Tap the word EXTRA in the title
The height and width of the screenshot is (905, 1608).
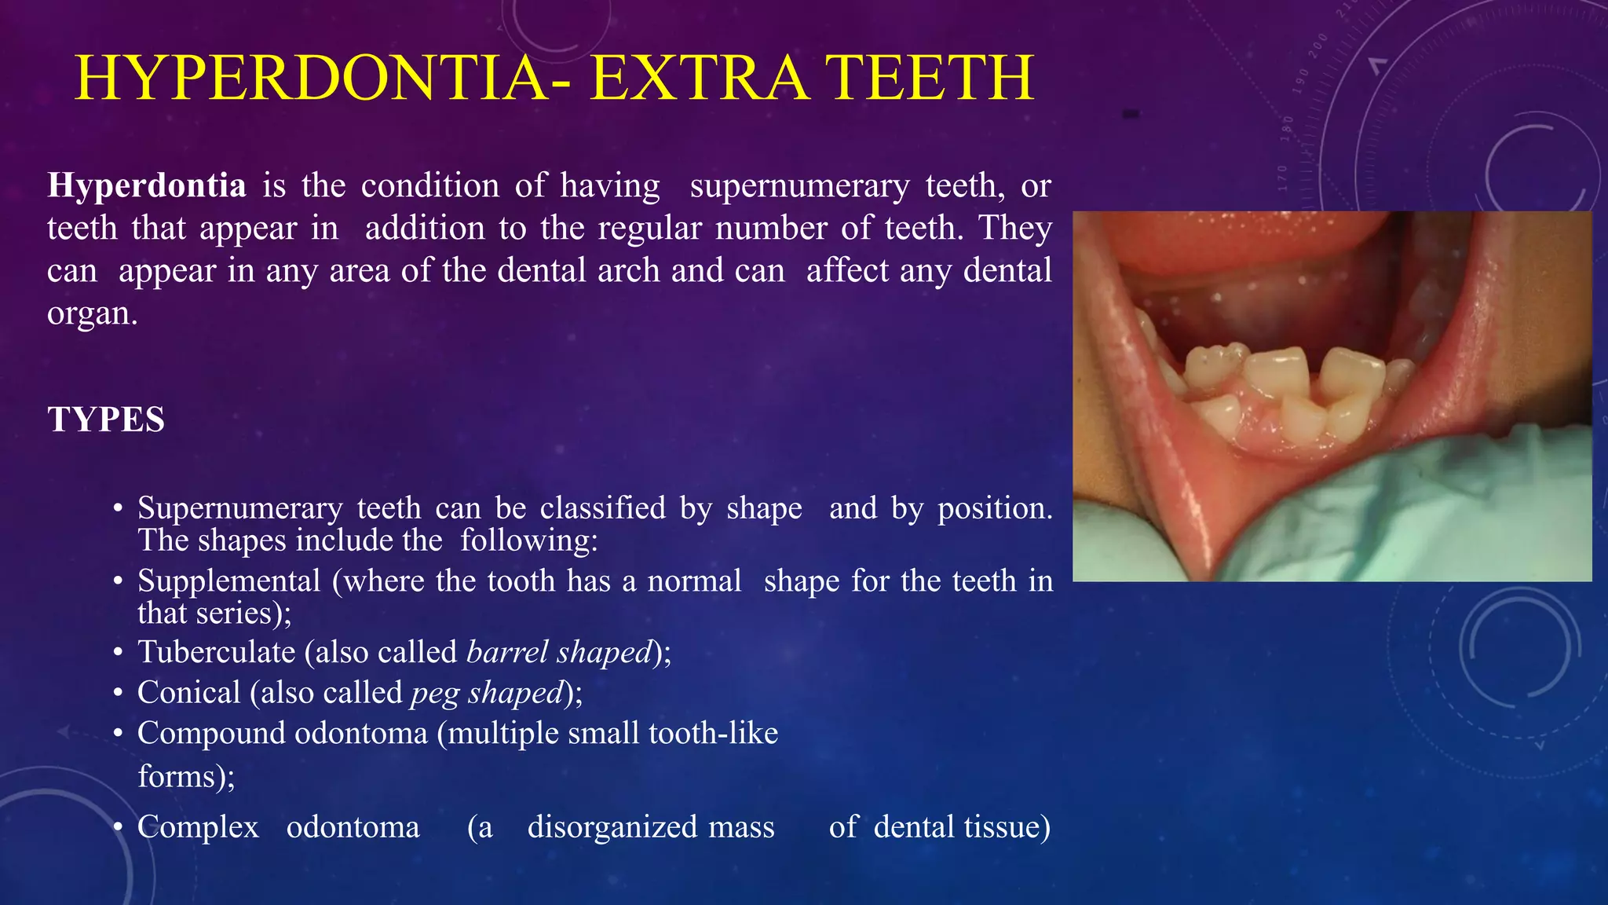(699, 78)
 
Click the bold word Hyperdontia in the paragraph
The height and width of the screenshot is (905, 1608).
(147, 186)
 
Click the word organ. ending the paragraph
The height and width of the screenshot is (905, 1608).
(93, 314)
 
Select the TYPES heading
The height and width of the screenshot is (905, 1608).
(106, 420)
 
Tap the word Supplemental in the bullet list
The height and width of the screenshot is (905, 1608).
(228, 581)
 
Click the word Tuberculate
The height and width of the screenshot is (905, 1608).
(216, 653)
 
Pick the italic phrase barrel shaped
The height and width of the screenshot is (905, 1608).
(559, 653)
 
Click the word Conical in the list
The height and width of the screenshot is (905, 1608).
(188, 693)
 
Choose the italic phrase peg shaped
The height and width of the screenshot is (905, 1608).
(487, 693)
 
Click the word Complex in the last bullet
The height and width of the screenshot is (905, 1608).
(198, 827)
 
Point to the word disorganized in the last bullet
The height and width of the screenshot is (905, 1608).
(651, 827)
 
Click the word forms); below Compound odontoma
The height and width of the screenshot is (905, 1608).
(186, 777)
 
